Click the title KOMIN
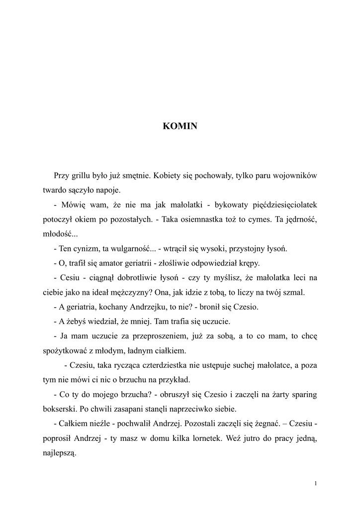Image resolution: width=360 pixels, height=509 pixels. [x=180, y=126]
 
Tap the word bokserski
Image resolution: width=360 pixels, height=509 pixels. [x=59, y=409]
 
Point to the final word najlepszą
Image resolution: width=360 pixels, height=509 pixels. [x=59, y=453]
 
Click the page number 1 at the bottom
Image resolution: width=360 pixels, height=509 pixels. [x=316, y=483]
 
